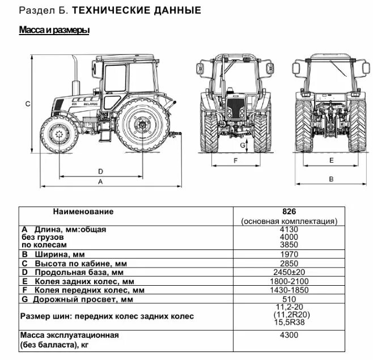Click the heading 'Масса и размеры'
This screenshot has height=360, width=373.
pos(54,30)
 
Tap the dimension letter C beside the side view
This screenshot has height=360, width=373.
pos(27,103)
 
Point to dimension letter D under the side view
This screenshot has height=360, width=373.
pos(100,171)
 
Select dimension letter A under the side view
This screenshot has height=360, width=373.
pos(100,181)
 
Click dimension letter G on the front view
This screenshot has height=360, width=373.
pos(241,145)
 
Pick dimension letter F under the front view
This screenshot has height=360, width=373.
pos(235,160)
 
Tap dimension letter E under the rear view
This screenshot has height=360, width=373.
pos(330,160)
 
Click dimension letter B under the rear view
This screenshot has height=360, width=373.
pos(330,179)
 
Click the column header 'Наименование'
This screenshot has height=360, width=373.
pos(83,211)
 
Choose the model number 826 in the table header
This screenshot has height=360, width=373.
pos(289,211)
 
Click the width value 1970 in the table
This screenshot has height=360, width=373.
pos(289,255)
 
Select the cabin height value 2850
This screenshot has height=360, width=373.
pos(289,264)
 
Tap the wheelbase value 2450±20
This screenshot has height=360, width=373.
pos(289,273)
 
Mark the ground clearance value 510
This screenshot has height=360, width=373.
pos(289,299)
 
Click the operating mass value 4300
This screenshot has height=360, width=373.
pos(289,335)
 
